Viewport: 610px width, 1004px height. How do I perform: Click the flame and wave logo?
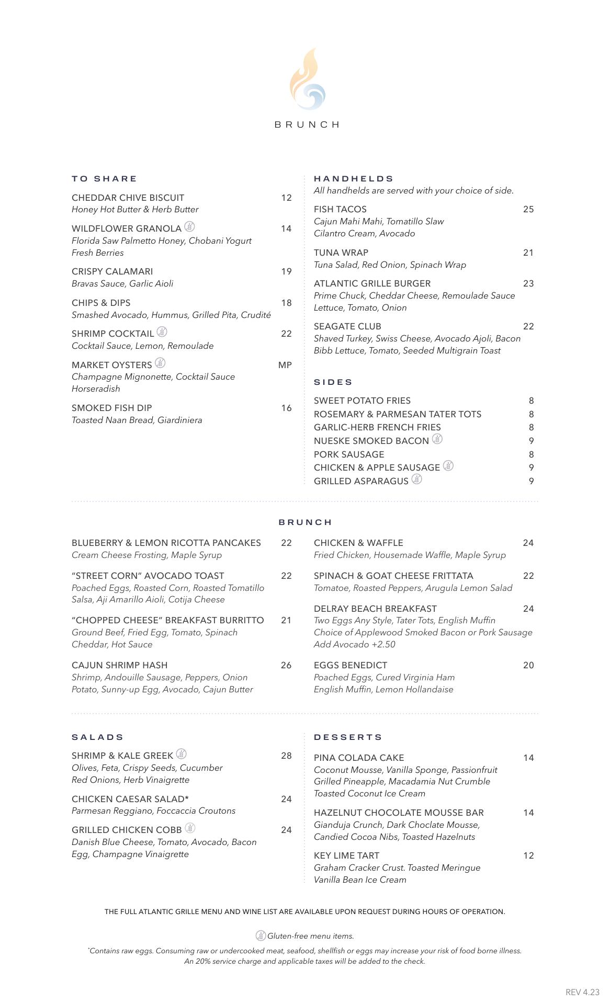(x=308, y=79)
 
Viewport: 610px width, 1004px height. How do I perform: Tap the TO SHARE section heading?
(x=104, y=179)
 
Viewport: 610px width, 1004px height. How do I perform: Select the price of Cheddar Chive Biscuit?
(x=286, y=198)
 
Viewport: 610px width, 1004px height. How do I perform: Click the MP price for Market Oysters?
(x=285, y=365)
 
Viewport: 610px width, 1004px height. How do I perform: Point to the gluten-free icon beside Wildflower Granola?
(x=190, y=227)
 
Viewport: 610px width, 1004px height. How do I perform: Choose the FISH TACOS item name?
(x=340, y=209)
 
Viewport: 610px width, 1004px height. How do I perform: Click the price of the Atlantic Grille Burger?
(x=528, y=283)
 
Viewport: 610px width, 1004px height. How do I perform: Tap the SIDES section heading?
(x=333, y=382)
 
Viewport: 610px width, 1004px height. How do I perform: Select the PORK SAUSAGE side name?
(x=349, y=454)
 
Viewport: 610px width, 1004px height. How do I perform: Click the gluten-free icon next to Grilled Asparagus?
(x=416, y=479)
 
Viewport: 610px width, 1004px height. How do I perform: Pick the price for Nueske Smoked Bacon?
(x=531, y=441)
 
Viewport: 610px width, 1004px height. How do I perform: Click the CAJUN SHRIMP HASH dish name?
(x=120, y=665)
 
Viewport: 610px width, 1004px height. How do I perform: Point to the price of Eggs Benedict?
(x=528, y=665)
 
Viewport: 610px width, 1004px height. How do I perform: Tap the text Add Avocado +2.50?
(x=355, y=644)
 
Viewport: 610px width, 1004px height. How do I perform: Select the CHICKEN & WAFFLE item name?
(x=358, y=543)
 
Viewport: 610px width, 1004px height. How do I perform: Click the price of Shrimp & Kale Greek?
(x=286, y=756)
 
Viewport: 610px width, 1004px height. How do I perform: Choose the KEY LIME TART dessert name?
(x=346, y=855)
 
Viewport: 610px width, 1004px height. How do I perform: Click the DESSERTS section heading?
(x=348, y=737)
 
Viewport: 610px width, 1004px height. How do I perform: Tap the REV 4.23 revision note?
(x=582, y=992)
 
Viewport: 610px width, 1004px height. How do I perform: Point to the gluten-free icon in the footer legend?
(x=261, y=935)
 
